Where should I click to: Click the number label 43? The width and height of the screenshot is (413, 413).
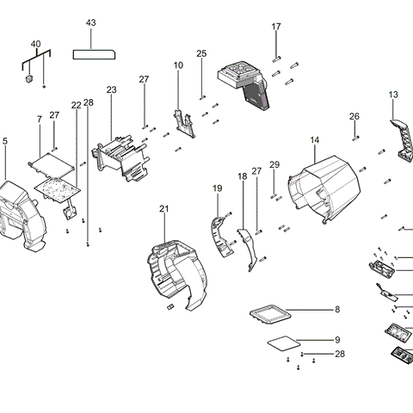coord(92,22)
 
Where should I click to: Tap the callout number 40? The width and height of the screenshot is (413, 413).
coord(35,44)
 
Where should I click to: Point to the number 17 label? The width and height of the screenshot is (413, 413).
coord(276,27)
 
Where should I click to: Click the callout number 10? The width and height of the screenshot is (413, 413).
coord(178,65)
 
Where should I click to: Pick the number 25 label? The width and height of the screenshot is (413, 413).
coord(201,53)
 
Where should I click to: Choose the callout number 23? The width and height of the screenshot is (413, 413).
coord(111,89)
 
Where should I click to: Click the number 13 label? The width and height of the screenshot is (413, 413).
coord(393,94)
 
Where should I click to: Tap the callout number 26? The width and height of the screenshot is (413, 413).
coord(354,116)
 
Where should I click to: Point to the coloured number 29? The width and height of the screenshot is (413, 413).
coord(274,164)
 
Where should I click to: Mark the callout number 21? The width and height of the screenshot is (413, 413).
coord(164,209)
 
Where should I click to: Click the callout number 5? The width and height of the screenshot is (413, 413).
coord(4,140)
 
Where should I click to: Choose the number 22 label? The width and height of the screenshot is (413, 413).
coord(76,105)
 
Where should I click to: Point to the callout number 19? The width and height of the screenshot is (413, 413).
coord(218,188)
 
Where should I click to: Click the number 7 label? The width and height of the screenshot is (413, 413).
coord(40,118)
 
